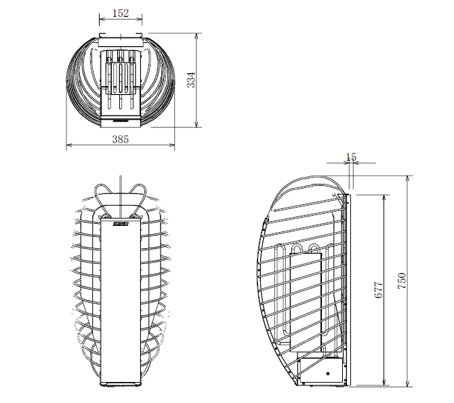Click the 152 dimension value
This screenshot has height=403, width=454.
[121, 13]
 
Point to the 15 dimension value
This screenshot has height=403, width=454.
[350, 157]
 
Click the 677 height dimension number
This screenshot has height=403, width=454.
[379, 290]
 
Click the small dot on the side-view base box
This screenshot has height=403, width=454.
[328, 372]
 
